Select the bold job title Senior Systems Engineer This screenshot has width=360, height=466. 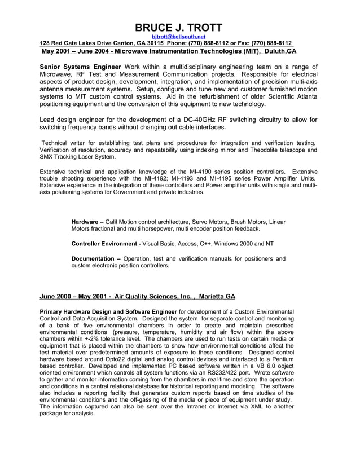[x=81, y=67]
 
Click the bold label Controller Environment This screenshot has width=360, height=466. [x=106, y=244]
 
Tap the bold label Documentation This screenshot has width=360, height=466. [x=95, y=258]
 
